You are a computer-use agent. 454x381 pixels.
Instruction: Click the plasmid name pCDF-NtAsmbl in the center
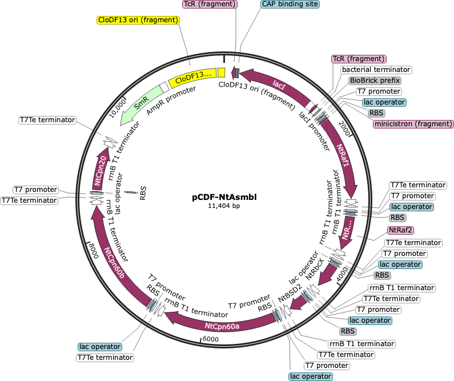(224, 197)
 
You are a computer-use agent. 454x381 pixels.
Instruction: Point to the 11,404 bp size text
(224, 206)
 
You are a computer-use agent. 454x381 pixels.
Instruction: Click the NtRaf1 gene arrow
(343, 157)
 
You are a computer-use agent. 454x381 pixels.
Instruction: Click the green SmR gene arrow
(140, 103)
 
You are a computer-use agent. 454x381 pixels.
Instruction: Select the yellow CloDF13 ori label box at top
(138, 20)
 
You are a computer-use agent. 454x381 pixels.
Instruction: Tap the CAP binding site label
(290, 4)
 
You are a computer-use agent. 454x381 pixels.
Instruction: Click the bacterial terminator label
(376, 70)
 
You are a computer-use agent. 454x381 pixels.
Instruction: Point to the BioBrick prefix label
(375, 81)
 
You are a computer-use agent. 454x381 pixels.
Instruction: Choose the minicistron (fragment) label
(413, 124)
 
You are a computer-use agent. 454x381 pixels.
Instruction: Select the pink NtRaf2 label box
(400, 230)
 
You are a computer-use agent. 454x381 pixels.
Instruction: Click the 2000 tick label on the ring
(344, 128)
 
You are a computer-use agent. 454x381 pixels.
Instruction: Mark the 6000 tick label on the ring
(211, 339)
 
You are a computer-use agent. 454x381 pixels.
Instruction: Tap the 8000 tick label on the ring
(94, 251)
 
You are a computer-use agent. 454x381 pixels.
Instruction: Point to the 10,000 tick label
(117, 109)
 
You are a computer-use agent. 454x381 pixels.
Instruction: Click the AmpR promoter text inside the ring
(171, 101)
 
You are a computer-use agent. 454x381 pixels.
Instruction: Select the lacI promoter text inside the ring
(315, 131)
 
